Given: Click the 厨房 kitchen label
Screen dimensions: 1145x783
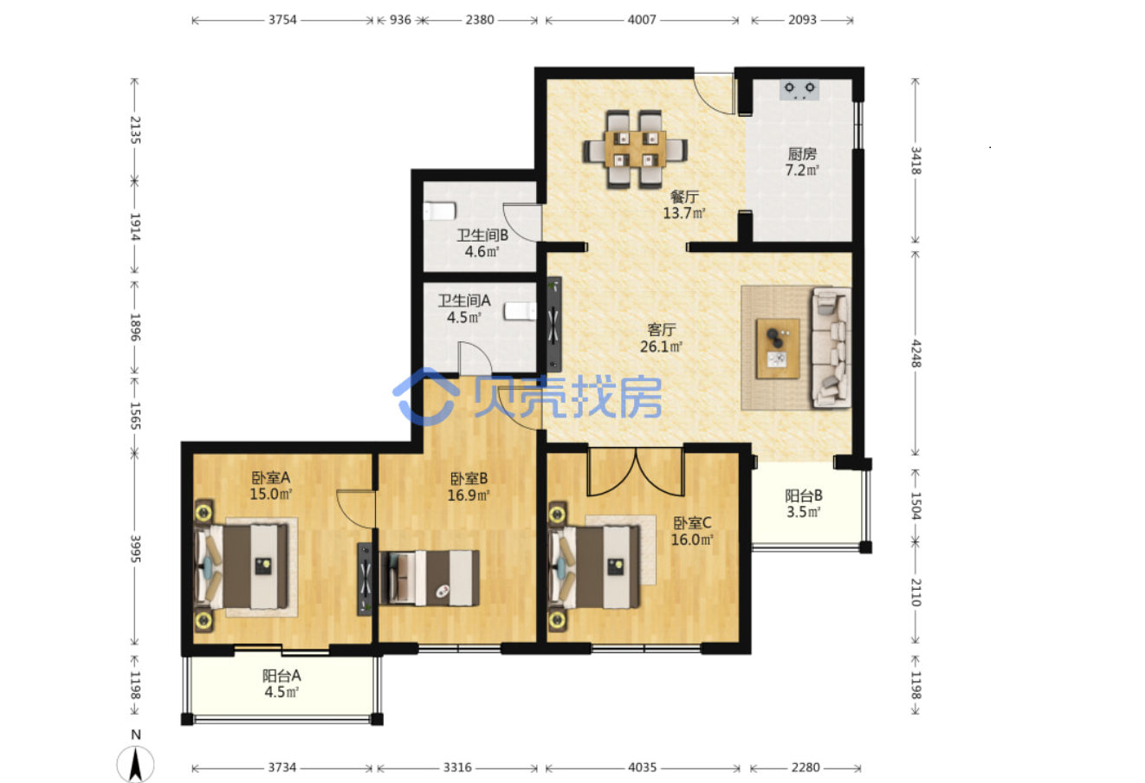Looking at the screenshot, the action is click(802, 153).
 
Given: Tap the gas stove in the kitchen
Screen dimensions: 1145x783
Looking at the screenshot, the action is click(799, 89).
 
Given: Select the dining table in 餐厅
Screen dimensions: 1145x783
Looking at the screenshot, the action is click(635, 149).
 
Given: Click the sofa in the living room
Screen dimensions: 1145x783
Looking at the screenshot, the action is click(831, 347).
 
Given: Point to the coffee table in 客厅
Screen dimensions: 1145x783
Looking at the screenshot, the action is click(778, 348).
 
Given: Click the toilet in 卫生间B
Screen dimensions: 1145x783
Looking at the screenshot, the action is click(440, 211).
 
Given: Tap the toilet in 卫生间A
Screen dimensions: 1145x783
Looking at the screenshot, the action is click(521, 311).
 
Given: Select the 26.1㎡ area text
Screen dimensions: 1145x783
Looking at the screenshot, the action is click(661, 346).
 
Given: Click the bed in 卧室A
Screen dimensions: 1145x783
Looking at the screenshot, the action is click(242, 566).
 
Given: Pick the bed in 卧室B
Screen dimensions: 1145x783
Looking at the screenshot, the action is click(430, 578).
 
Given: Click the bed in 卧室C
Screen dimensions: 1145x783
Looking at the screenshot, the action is click(594, 567).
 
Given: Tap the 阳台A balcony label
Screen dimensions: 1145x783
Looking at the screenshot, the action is click(281, 676).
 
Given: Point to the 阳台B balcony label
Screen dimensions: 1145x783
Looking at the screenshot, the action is click(804, 495).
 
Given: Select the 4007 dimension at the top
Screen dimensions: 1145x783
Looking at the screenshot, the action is click(642, 20).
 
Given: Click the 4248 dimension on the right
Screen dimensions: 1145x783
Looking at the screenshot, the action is click(915, 353).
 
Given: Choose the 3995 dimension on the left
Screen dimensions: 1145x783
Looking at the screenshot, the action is click(135, 548).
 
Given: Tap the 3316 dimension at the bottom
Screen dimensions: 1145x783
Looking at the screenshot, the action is click(457, 767).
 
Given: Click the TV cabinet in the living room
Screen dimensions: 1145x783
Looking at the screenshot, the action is click(554, 325).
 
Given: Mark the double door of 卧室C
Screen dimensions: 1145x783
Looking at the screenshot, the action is click(636, 472).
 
